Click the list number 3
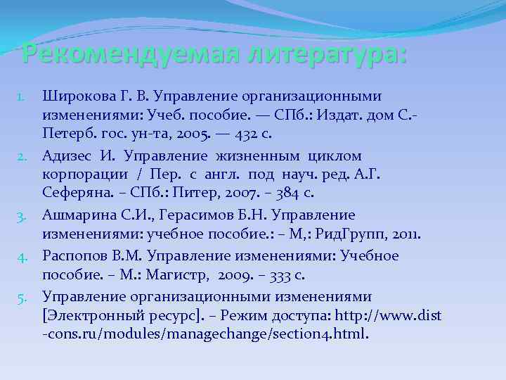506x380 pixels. [20, 215]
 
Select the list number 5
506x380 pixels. [20, 296]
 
